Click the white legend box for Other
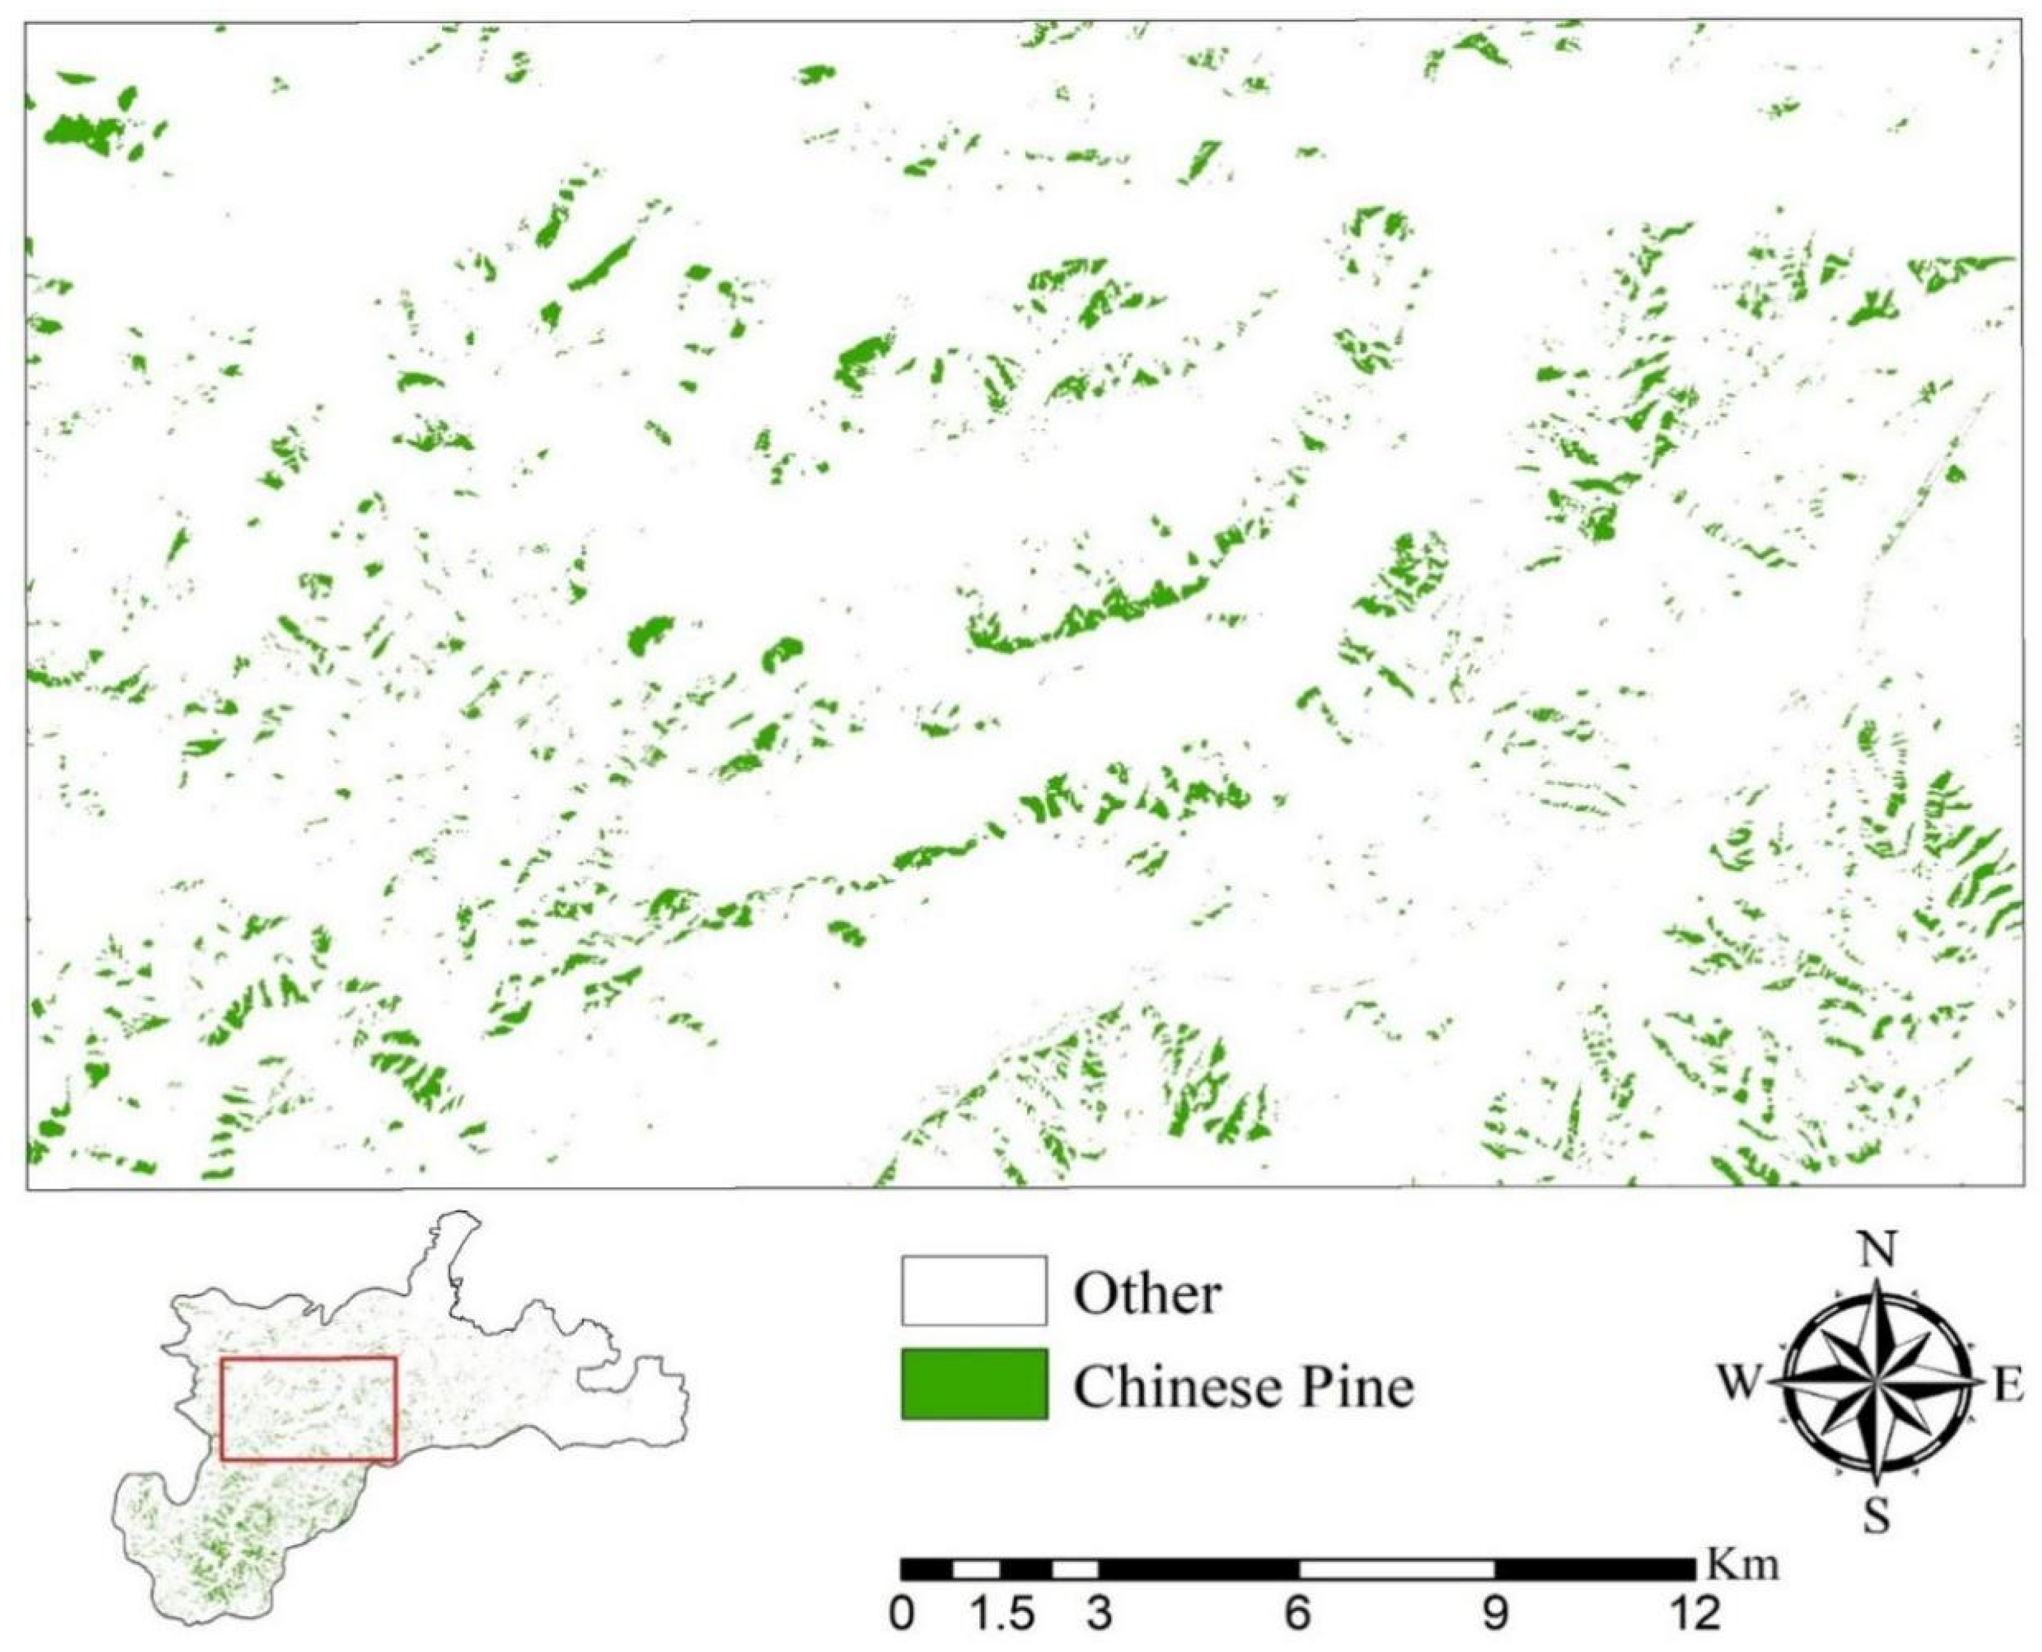[974, 1291]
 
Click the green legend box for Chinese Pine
[974, 1385]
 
